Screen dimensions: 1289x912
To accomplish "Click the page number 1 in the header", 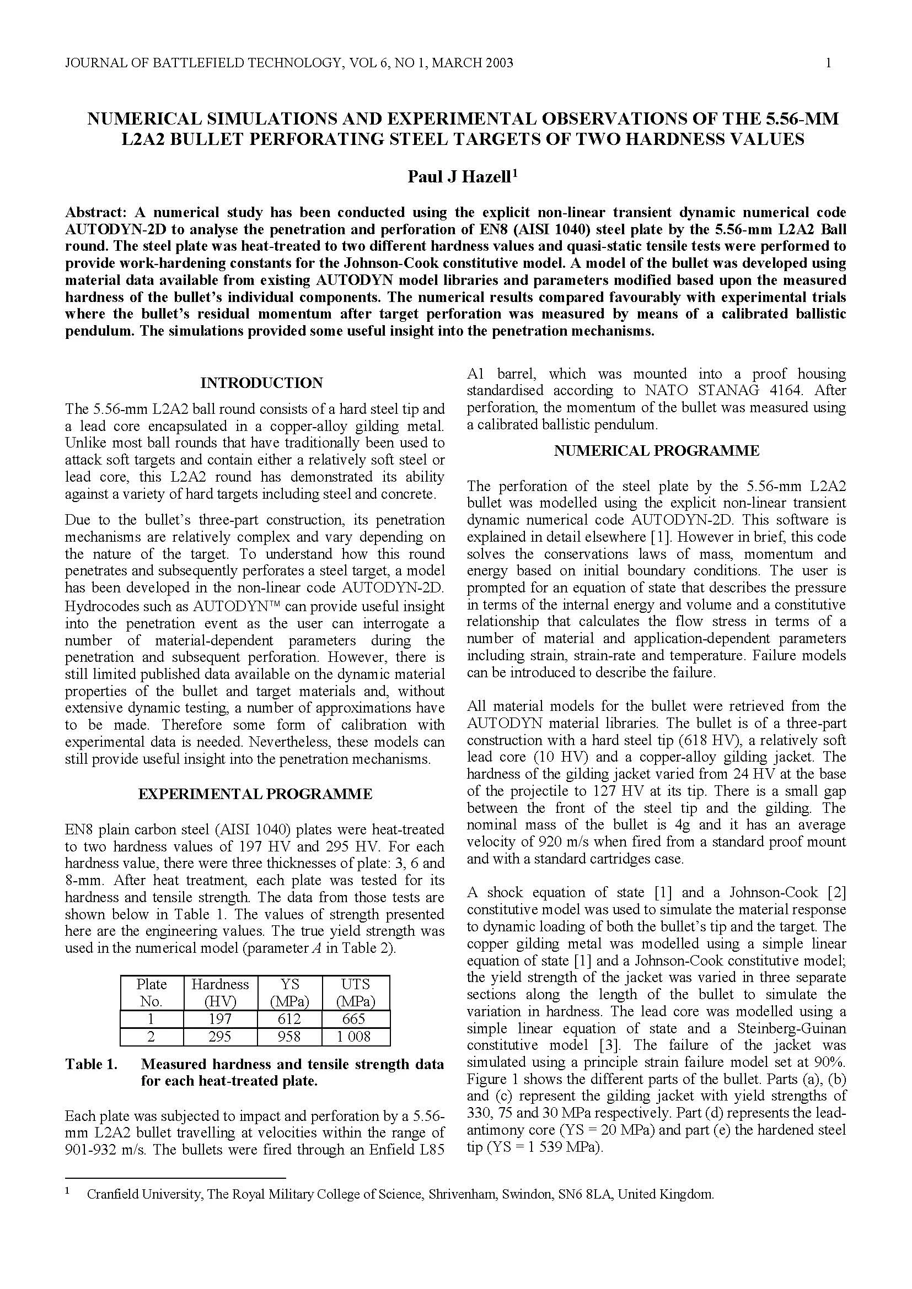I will click(828, 63).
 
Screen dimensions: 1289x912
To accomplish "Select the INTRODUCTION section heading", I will click(262, 383).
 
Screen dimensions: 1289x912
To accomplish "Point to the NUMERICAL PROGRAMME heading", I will click(657, 451).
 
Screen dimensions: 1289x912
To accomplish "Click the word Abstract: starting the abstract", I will click(96, 213).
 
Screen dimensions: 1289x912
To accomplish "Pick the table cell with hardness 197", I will click(219, 1019).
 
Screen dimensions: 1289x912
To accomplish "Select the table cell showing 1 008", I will click(355, 1037).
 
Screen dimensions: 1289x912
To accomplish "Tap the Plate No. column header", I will click(152, 993).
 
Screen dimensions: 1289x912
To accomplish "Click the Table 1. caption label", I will click(92, 1065).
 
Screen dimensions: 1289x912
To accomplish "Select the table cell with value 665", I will click(355, 1019).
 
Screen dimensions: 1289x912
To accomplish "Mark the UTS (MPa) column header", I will click(355, 993).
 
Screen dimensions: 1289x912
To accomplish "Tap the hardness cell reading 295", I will click(219, 1037).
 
